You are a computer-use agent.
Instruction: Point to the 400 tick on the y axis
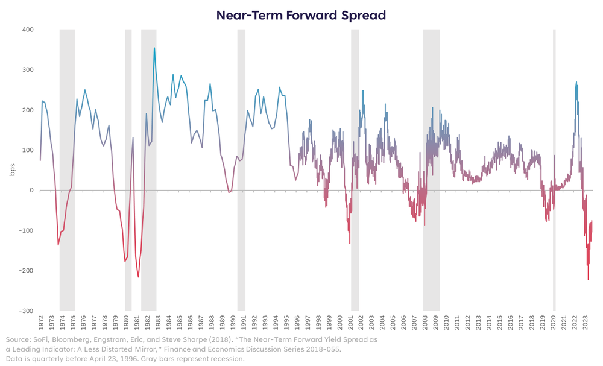(x=27, y=30)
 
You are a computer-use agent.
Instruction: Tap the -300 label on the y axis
(x=26, y=311)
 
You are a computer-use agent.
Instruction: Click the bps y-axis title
(x=12, y=170)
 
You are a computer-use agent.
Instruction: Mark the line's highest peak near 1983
(x=154, y=48)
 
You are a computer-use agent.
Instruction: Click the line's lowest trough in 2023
(x=588, y=279)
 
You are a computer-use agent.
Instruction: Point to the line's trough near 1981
(x=138, y=277)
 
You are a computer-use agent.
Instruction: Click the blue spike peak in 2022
(x=576, y=82)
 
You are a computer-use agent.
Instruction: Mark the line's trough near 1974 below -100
(x=58, y=244)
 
